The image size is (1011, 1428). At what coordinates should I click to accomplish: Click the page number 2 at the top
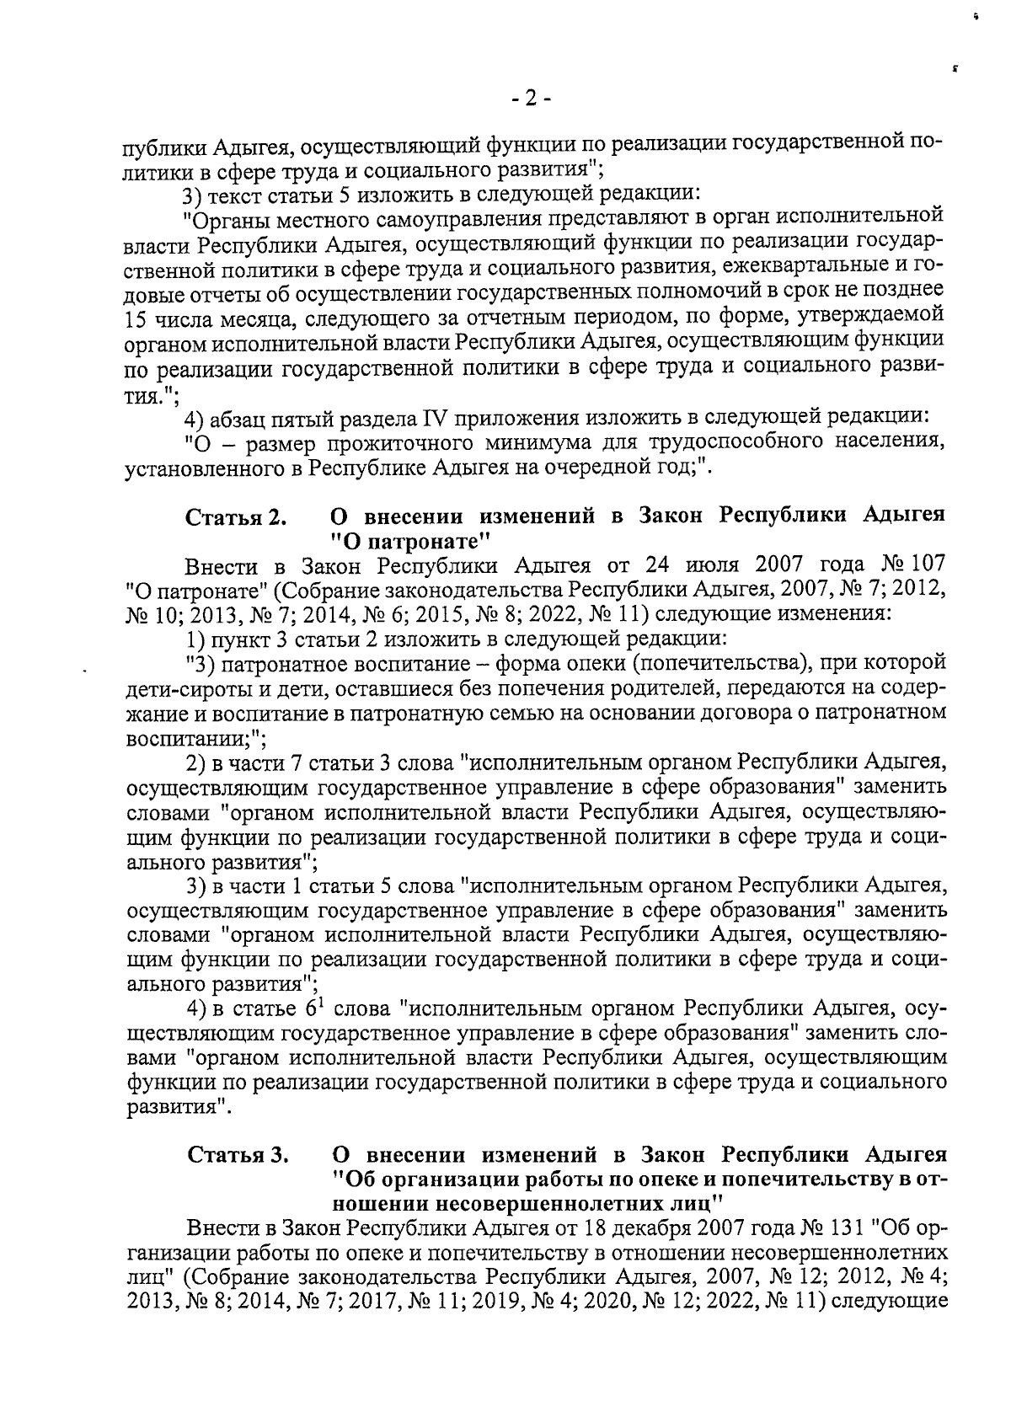pos(531,99)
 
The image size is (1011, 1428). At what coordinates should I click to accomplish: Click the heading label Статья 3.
pos(238,1153)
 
